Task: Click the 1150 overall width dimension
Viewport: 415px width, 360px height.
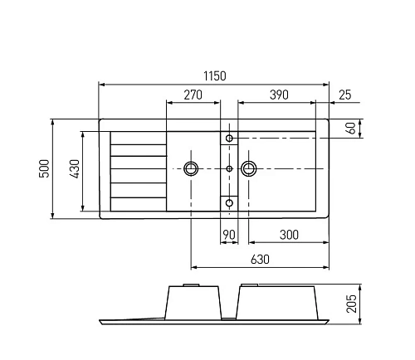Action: pyautogui.click(x=214, y=75)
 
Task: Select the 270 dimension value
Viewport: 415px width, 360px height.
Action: pyautogui.click(x=193, y=95)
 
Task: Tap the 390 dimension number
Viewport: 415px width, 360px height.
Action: pyautogui.click(x=278, y=95)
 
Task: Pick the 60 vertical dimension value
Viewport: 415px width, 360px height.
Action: pyautogui.click(x=351, y=129)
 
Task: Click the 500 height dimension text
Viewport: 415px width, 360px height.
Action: pyautogui.click(x=44, y=169)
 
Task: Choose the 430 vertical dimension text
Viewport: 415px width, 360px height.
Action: pyautogui.click(x=74, y=169)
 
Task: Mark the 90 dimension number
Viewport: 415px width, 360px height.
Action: pyautogui.click(x=229, y=236)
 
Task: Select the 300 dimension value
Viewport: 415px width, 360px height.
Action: pyautogui.click(x=289, y=236)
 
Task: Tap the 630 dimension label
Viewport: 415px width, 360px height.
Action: pyautogui.click(x=260, y=260)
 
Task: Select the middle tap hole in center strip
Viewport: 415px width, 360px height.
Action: pyautogui.click(x=229, y=168)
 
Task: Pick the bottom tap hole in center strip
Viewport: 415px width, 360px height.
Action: pyautogui.click(x=230, y=201)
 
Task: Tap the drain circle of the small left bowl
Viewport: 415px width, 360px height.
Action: pyautogui.click(x=192, y=168)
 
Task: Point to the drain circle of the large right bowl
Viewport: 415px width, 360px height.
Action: pyautogui.click(x=248, y=168)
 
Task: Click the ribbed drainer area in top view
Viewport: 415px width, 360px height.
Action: pyautogui.click(x=138, y=169)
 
